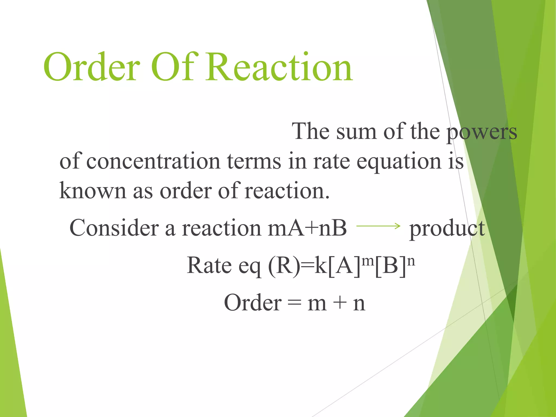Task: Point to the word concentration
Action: (x=153, y=161)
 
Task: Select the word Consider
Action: (x=114, y=228)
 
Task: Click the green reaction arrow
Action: (x=378, y=226)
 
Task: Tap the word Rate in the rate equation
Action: (x=209, y=266)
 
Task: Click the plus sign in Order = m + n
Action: (x=339, y=303)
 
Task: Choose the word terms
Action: (x=254, y=161)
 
